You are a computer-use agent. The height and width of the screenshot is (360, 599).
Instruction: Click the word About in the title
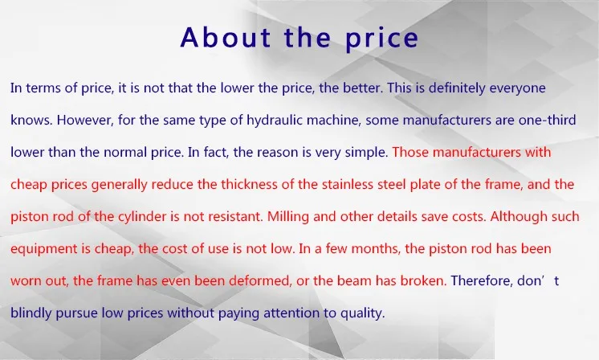click(x=226, y=37)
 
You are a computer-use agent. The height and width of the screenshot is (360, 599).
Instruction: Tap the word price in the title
click(x=381, y=39)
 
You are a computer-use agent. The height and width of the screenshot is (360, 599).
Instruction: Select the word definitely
click(x=457, y=88)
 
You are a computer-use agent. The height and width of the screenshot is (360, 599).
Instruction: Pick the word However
click(x=85, y=120)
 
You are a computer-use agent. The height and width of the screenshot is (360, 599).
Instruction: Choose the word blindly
click(x=31, y=313)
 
